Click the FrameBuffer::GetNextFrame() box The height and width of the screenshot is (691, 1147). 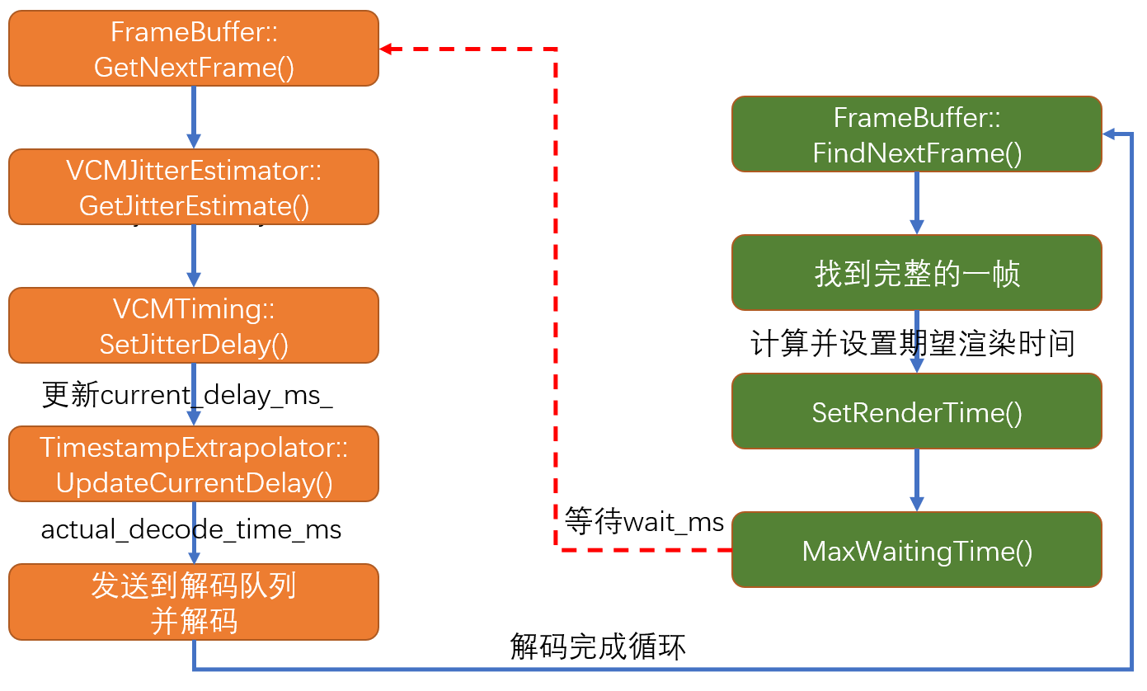[194, 48]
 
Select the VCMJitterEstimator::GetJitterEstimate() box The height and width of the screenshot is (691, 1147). [194, 186]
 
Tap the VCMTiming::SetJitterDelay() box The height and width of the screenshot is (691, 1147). [194, 325]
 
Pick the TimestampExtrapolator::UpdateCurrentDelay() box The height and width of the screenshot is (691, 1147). [194, 463]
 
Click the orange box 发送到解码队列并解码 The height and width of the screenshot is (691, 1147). [194, 602]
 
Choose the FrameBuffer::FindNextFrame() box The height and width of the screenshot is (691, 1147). [917, 134]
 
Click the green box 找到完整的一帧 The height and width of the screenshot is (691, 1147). [917, 273]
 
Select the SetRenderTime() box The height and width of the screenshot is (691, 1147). [917, 411]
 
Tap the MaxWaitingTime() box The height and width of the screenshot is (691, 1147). [917, 550]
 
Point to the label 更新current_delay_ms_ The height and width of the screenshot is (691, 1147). [187, 395]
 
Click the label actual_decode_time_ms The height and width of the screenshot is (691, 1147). [191, 529]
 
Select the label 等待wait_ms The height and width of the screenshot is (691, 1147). [644, 522]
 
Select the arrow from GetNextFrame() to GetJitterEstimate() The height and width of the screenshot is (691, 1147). [194, 116]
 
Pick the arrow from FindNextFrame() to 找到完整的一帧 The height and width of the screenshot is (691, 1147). [916, 203]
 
